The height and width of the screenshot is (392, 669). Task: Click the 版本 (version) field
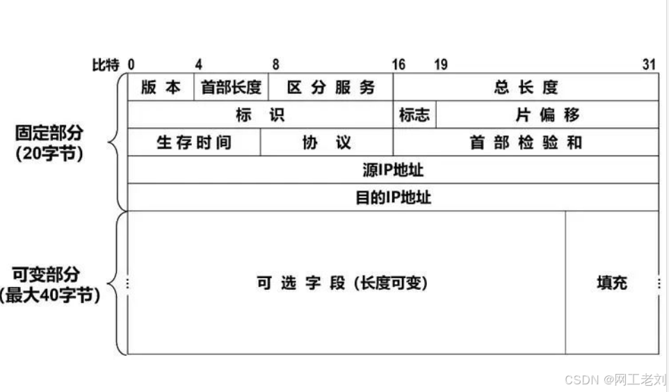click(x=161, y=87)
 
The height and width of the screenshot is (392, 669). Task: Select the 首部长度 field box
click(x=231, y=87)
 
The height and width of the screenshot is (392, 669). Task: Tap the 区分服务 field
click(x=330, y=87)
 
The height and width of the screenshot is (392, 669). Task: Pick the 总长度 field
click(x=526, y=87)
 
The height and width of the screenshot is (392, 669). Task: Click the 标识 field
click(x=260, y=115)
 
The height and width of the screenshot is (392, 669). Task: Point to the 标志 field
click(x=414, y=115)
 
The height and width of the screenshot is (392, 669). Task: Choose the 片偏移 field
click(x=547, y=115)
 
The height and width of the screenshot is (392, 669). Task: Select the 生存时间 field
click(x=194, y=142)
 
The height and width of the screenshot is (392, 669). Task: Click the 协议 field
click(x=326, y=142)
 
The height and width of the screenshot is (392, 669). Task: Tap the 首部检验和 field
click(x=526, y=142)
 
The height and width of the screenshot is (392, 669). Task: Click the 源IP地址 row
click(x=393, y=170)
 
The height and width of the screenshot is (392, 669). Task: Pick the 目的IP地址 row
click(x=393, y=197)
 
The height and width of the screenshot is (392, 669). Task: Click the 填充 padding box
click(x=612, y=283)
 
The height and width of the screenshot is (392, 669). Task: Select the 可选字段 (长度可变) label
click(x=342, y=283)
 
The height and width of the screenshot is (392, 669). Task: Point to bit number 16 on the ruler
click(x=398, y=65)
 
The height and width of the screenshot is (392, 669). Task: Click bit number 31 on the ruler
click(x=649, y=65)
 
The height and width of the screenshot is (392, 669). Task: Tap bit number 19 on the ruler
click(x=441, y=65)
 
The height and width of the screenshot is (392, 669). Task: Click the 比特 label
click(x=106, y=65)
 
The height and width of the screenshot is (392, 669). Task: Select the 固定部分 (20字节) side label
click(x=49, y=142)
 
